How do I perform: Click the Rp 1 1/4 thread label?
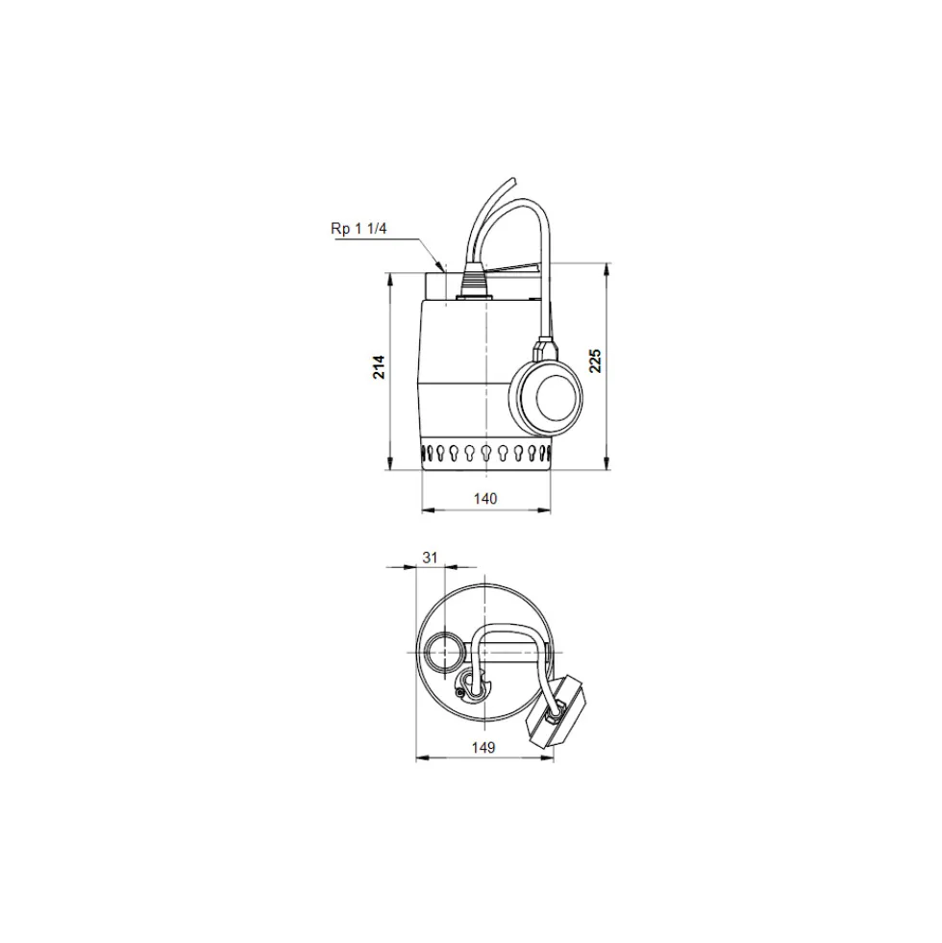(x=359, y=229)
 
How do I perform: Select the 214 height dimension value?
(x=379, y=367)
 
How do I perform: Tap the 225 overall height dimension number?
(x=595, y=360)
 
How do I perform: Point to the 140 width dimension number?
(x=485, y=499)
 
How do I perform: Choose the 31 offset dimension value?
(x=430, y=558)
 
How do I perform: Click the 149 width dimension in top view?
(x=483, y=747)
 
